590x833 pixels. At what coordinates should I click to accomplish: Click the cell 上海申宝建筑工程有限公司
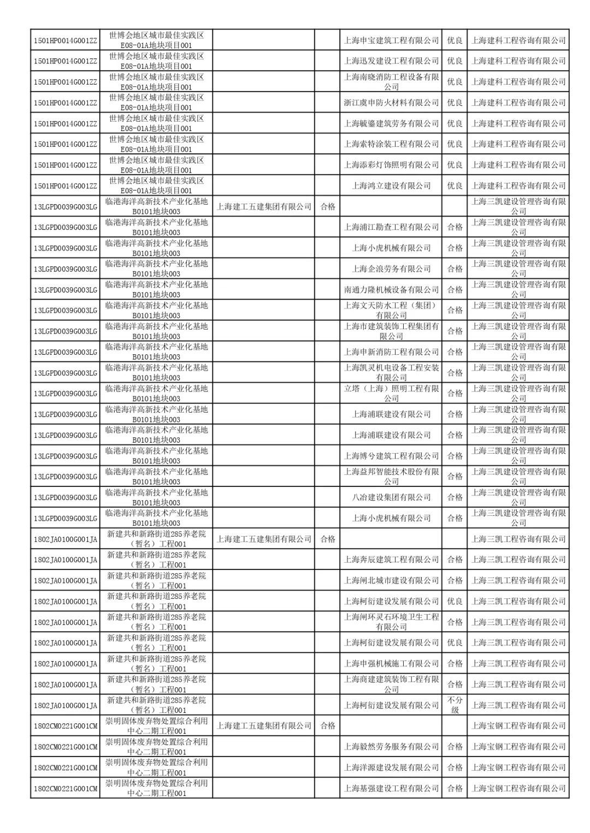pyautogui.click(x=391, y=40)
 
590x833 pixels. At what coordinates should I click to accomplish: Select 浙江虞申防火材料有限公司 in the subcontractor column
pyautogui.click(x=391, y=103)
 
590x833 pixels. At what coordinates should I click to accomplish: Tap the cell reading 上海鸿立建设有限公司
pyautogui.click(x=391, y=186)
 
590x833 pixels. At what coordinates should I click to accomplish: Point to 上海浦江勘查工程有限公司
pyautogui.click(x=391, y=227)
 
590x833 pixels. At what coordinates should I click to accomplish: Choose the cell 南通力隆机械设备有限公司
pyautogui.click(x=391, y=289)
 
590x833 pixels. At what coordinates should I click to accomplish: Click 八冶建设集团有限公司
pyautogui.click(x=391, y=497)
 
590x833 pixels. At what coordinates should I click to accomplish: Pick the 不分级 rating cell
pyautogui.click(x=455, y=705)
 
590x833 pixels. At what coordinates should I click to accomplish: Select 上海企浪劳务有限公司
pyautogui.click(x=391, y=269)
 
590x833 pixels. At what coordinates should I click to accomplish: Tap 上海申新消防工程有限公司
pyautogui.click(x=391, y=352)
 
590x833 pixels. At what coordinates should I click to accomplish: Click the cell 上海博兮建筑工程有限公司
pyautogui.click(x=391, y=456)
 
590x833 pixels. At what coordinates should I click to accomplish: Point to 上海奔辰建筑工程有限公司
pyautogui.click(x=391, y=560)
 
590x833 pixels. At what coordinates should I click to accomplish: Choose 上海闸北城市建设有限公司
pyautogui.click(x=391, y=580)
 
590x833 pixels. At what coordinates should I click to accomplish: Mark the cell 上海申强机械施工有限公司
pyautogui.click(x=391, y=663)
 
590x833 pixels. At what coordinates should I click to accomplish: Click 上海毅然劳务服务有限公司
pyautogui.click(x=391, y=746)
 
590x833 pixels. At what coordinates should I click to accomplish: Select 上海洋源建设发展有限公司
pyautogui.click(x=391, y=767)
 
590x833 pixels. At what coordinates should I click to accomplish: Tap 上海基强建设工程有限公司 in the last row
pyautogui.click(x=391, y=788)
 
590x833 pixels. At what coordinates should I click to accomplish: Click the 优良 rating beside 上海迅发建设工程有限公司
pyautogui.click(x=455, y=61)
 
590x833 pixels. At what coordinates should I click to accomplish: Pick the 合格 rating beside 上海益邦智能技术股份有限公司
pyautogui.click(x=455, y=477)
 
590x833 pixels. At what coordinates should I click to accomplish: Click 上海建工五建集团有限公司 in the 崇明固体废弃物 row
pyautogui.click(x=264, y=725)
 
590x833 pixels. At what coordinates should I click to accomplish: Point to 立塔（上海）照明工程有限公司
pyautogui.click(x=391, y=394)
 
